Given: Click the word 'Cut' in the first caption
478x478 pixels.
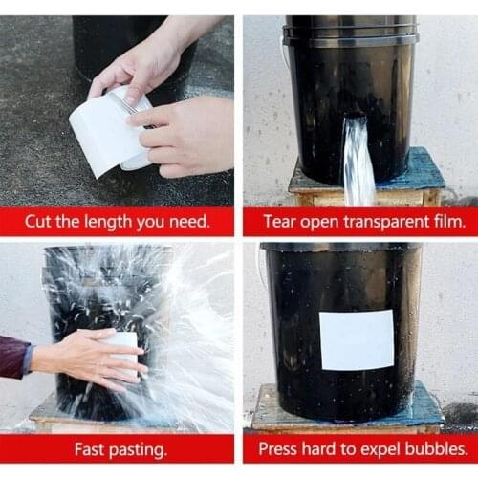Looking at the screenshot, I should [40, 222].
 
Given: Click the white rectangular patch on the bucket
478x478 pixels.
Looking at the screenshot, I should [356, 339].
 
